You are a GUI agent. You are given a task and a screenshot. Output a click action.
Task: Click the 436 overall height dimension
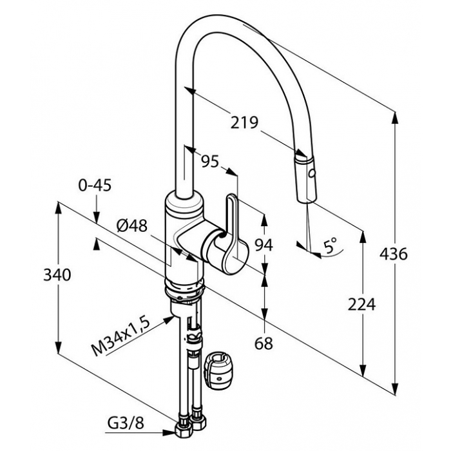tap(394, 254)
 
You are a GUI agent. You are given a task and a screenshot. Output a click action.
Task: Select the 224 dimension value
tap(361, 304)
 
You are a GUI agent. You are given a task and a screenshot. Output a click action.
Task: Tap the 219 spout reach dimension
tap(244, 123)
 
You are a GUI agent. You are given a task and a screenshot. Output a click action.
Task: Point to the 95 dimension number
tap(209, 161)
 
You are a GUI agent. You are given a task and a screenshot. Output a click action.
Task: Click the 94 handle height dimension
tap(264, 245)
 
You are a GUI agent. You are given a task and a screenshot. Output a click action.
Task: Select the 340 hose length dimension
tap(57, 274)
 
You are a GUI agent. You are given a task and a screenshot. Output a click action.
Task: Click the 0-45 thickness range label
tap(95, 186)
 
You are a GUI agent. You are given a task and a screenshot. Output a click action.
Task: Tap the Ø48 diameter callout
tap(132, 225)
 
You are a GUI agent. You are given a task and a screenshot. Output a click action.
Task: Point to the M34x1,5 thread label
tap(121, 338)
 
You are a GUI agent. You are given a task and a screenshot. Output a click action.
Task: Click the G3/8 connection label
tap(126, 423)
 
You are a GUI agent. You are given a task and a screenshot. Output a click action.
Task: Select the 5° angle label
tap(330, 245)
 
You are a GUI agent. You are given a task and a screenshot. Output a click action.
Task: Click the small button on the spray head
tap(311, 174)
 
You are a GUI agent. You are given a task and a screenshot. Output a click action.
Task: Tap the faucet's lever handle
tap(230, 230)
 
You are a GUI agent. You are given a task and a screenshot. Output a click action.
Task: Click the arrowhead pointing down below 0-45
tap(97, 217)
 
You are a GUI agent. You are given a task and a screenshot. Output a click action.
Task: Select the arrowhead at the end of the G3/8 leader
tap(169, 432)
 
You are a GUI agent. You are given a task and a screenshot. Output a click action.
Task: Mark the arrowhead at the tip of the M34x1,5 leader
tap(169, 319)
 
